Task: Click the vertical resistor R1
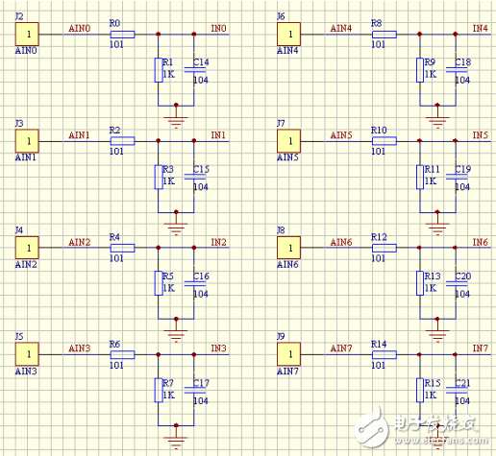(159, 71)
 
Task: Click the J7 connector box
(289, 141)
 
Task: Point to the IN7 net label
(480, 348)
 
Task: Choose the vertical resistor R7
(159, 390)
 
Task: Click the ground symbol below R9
(437, 121)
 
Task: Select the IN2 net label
(218, 242)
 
